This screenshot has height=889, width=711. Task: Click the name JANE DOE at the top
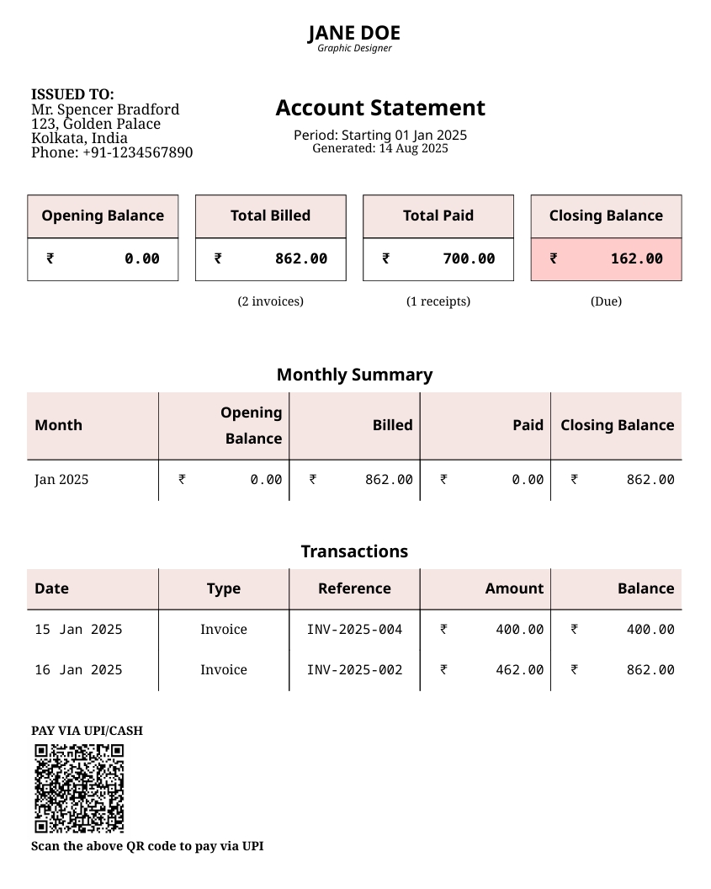pyautogui.click(x=354, y=33)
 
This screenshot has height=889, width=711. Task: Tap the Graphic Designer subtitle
pyautogui.click(x=354, y=48)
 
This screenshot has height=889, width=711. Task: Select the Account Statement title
pyautogui.click(x=380, y=108)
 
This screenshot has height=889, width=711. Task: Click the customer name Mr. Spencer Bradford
pyautogui.click(x=105, y=109)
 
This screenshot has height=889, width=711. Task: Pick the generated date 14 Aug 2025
pyautogui.click(x=413, y=148)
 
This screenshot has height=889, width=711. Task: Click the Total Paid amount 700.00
pyautogui.click(x=469, y=258)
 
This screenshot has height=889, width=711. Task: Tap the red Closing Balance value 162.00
pyautogui.click(x=636, y=258)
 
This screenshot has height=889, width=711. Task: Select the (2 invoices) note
pyautogui.click(x=270, y=301)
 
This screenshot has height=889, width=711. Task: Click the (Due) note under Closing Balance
pyautogui.click(x=606, y=301)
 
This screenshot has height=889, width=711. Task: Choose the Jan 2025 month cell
pyautogui.click(x=61, y=480)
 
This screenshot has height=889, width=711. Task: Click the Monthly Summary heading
pyautogui.click(x=354, y=375)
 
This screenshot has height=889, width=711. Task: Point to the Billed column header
pyautogui.click(x=392, y=425)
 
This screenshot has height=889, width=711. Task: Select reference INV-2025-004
pyautogui.click(x=354, y=630)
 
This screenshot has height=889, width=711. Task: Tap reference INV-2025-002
pyautogui.click(x=354, y=670)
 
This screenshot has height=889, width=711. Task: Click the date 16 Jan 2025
pyautogui.click(x=78, y=670)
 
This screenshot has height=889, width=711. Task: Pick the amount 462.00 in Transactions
pyautogui.click(x=519, y=670)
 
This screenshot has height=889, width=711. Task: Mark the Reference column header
pyautogui.click(x=354, y=588)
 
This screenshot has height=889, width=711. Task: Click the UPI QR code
pyautogui.click(x=79, y=788)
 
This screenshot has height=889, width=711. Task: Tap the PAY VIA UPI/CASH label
pyautogui.click(x=87, y=731)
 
